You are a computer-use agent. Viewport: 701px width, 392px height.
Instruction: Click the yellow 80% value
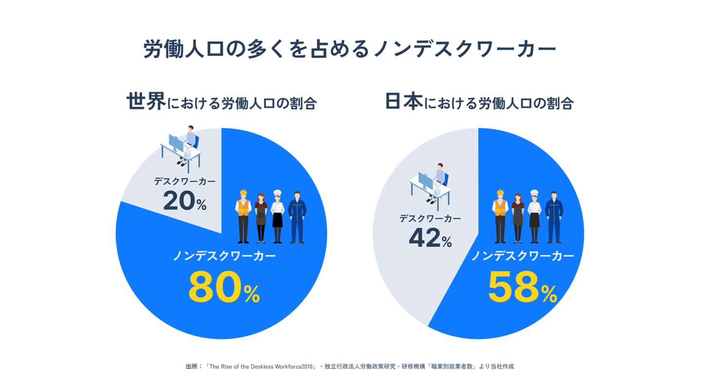coord(224,288)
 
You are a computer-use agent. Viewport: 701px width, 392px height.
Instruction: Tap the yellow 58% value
coord(522,288)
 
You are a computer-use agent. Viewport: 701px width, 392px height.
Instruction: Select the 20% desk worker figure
coord(184,200)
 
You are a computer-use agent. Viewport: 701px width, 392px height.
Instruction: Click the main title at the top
coord(350,50)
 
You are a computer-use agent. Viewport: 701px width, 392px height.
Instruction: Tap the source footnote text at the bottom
coord(350,366)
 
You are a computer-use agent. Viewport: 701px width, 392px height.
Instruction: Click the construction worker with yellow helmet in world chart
coord(243,216)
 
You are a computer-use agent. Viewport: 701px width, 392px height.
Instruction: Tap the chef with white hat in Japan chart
coord(535,216)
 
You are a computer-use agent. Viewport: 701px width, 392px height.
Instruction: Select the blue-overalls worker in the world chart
coord(297,216)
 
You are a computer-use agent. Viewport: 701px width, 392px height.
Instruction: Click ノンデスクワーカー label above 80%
coord(224,256)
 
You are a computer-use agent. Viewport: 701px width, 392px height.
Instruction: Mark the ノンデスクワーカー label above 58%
coord(522,256)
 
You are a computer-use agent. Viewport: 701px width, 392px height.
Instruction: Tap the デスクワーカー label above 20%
coord(184,181)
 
